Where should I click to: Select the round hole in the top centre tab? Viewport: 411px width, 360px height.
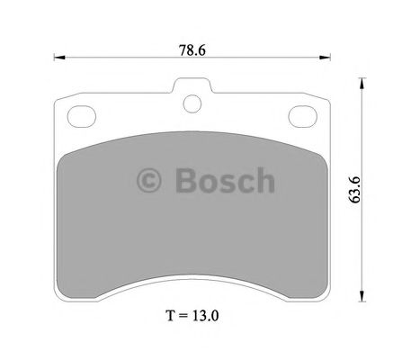pos(192,103)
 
